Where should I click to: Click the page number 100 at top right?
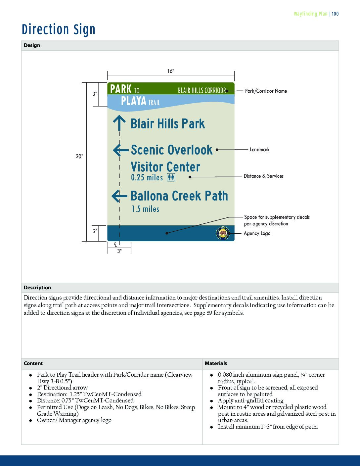335,14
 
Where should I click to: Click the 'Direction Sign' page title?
59,29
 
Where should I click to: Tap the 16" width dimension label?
170,71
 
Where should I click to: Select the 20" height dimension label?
79,156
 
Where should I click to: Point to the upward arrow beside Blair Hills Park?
119,123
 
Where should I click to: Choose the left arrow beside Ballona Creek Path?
119,196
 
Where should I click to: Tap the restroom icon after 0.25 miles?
171,177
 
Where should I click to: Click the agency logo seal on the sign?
222,233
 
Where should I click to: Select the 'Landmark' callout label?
259,150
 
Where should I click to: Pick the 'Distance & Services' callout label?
263,176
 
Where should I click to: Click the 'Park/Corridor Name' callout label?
266,91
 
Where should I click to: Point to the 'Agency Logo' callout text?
257,233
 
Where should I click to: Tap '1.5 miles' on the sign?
145,209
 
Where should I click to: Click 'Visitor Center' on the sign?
165,167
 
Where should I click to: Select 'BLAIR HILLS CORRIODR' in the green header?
202,90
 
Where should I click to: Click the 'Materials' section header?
216,363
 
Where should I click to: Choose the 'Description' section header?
37,288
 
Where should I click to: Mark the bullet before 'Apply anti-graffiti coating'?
211,401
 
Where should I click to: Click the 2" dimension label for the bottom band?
95,231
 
